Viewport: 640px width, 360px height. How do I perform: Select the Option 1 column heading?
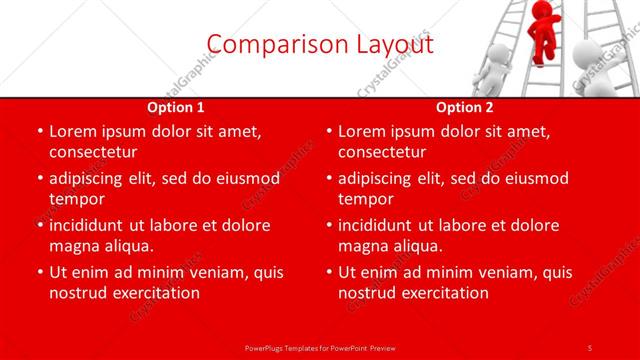(175, 107)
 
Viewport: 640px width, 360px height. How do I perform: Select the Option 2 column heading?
(464, 107)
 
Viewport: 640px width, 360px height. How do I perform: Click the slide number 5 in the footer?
(590, 346)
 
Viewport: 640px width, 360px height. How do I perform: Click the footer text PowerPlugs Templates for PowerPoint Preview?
(319, 346)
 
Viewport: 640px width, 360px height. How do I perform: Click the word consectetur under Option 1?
(93, 152)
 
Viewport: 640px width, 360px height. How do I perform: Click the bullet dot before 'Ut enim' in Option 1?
(40, 272)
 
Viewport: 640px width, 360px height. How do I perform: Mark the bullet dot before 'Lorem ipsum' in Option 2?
(329, 131)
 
